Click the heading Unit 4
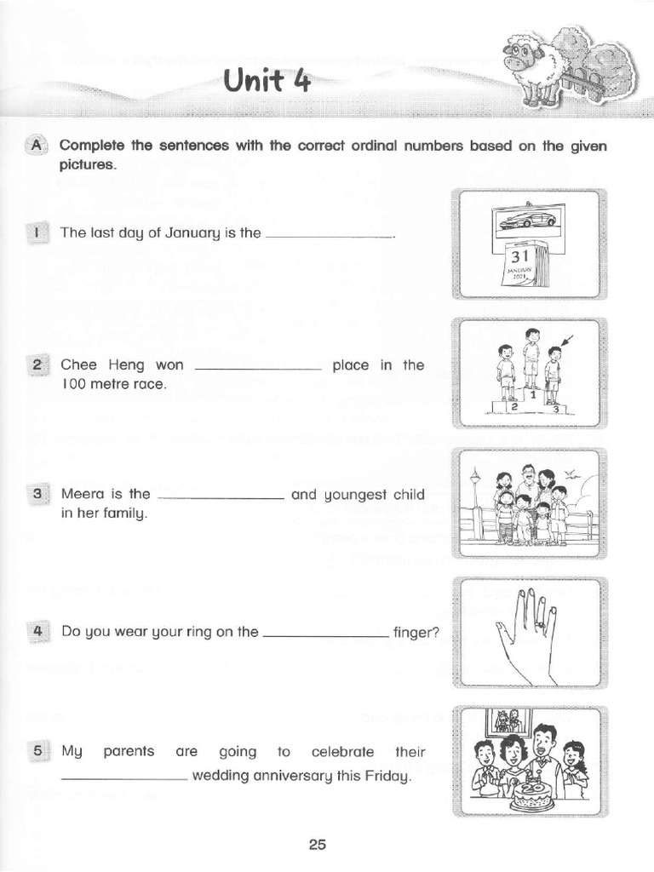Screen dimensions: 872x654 click(x=267, y=83)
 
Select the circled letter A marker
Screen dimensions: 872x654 click(x=37, y=146)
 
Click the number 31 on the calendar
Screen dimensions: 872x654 click(x=519, y=256)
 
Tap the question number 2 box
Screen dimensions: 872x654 click(x=37, y=365)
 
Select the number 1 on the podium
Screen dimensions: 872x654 click(x=531, y=394)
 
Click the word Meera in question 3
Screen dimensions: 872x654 click(x=81, y=494)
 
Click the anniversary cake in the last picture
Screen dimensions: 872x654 click(x=533, y=793)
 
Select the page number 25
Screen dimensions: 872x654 click(x=317, y=844)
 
